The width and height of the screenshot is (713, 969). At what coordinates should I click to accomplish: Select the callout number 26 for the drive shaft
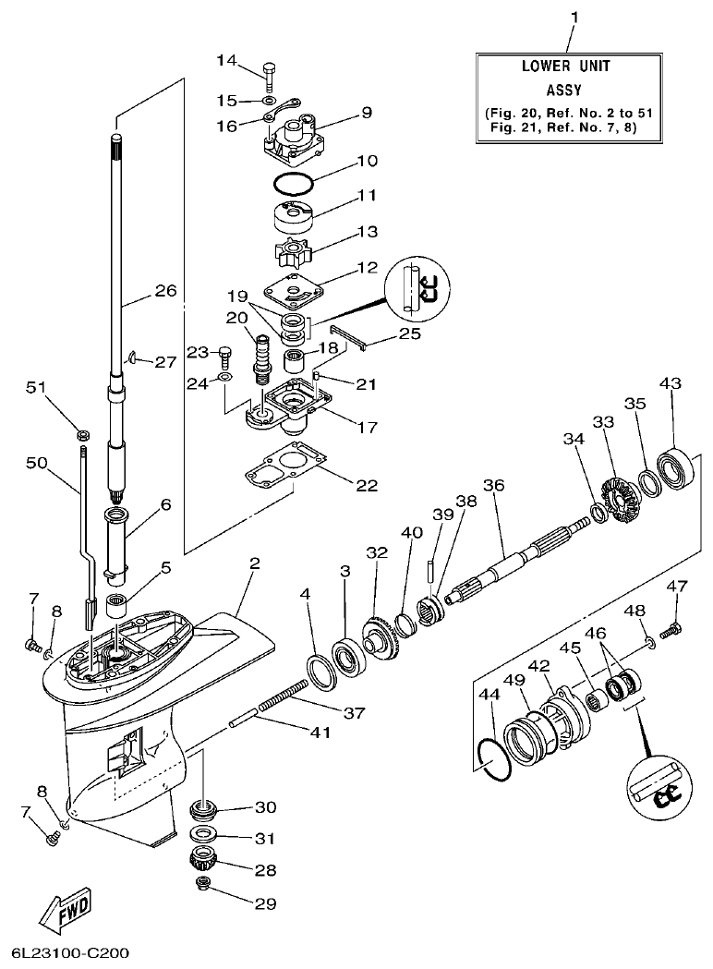164,290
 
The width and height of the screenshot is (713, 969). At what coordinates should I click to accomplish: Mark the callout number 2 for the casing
253,563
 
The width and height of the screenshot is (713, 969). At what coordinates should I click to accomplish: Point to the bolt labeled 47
673,628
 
